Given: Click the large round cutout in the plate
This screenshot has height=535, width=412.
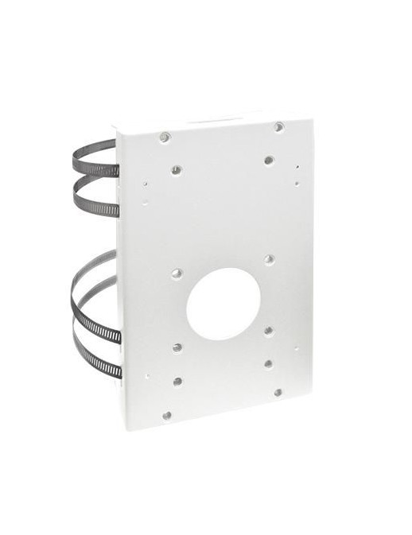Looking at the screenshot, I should coord(223,303).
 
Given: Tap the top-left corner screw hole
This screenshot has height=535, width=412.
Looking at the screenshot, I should coord(165,138).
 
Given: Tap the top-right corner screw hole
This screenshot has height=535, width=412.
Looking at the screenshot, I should coord(278,126).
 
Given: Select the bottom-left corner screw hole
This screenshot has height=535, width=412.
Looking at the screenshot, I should coord(167,415).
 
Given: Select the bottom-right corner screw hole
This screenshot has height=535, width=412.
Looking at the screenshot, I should coord(278,392).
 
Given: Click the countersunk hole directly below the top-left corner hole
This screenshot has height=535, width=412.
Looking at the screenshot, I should coord(176,170).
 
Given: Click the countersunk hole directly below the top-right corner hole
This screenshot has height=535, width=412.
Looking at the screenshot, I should coord(269,160).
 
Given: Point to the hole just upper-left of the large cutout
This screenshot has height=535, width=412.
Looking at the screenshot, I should coord(177,273).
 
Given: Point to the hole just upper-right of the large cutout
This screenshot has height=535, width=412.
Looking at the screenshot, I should coord(269,259).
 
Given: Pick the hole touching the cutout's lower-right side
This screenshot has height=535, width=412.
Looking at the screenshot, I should coord(268,331).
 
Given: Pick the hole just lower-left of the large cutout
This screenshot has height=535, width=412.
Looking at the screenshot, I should coord(177,347).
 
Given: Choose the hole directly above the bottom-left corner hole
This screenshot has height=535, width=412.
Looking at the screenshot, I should coord(177,381).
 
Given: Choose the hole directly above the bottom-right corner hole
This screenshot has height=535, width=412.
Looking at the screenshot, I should coord(268,363).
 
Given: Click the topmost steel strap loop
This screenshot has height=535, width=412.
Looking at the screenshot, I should coord(94,150).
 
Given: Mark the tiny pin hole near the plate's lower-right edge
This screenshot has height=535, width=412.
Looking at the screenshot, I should coord(295,347).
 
